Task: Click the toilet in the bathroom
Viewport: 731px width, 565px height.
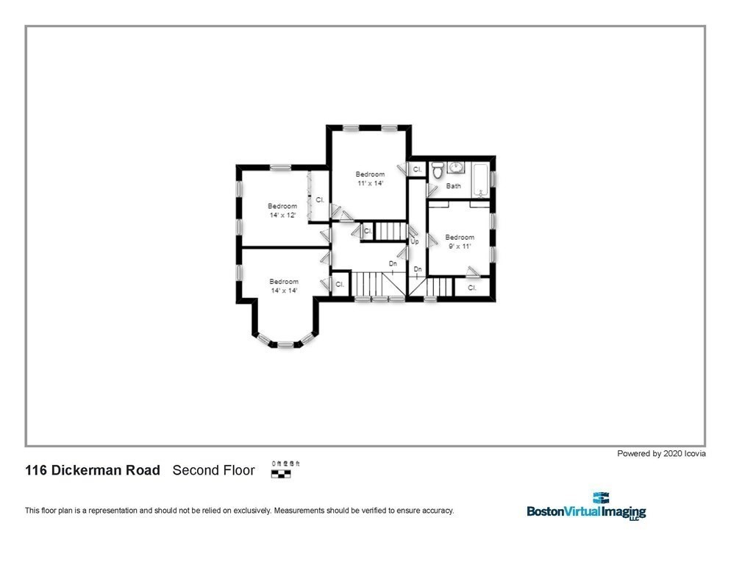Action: click(437, 173)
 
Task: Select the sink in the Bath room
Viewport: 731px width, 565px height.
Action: click(455, 167)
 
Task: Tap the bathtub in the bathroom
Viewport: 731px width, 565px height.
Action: click(481, 180)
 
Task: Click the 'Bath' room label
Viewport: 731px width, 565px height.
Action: click(454, 186)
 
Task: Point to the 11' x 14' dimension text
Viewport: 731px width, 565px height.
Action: click(370, 183)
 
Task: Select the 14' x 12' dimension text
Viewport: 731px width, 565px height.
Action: click(282, 216)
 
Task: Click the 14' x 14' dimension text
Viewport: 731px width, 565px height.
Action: click(284, 291)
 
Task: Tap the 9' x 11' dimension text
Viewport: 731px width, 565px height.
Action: click(460, 246)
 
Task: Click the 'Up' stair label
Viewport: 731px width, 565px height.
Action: click(414, 241)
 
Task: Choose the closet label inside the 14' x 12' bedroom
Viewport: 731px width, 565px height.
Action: click(320, 199)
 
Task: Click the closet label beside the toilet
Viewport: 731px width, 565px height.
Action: click(417, 170)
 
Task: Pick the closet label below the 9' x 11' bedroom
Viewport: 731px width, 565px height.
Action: click(472, 288)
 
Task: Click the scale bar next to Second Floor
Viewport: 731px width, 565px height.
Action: click(282, 471)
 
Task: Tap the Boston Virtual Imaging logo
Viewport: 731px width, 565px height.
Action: click(585, 508)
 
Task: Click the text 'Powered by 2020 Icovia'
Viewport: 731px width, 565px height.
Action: click(661, 454)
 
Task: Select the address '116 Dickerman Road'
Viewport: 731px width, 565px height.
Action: click(93, 470)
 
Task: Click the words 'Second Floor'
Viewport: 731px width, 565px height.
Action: click(213, 470)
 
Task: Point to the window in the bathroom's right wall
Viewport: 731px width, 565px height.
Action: click(493, 178)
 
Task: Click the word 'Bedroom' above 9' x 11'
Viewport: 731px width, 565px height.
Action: click(460, 237)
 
